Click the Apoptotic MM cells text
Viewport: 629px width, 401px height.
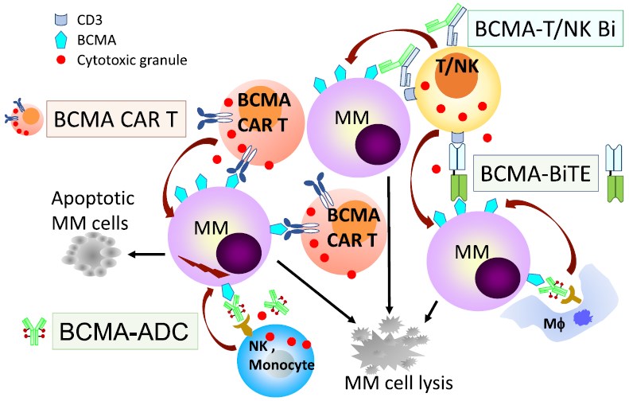(88, 208)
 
